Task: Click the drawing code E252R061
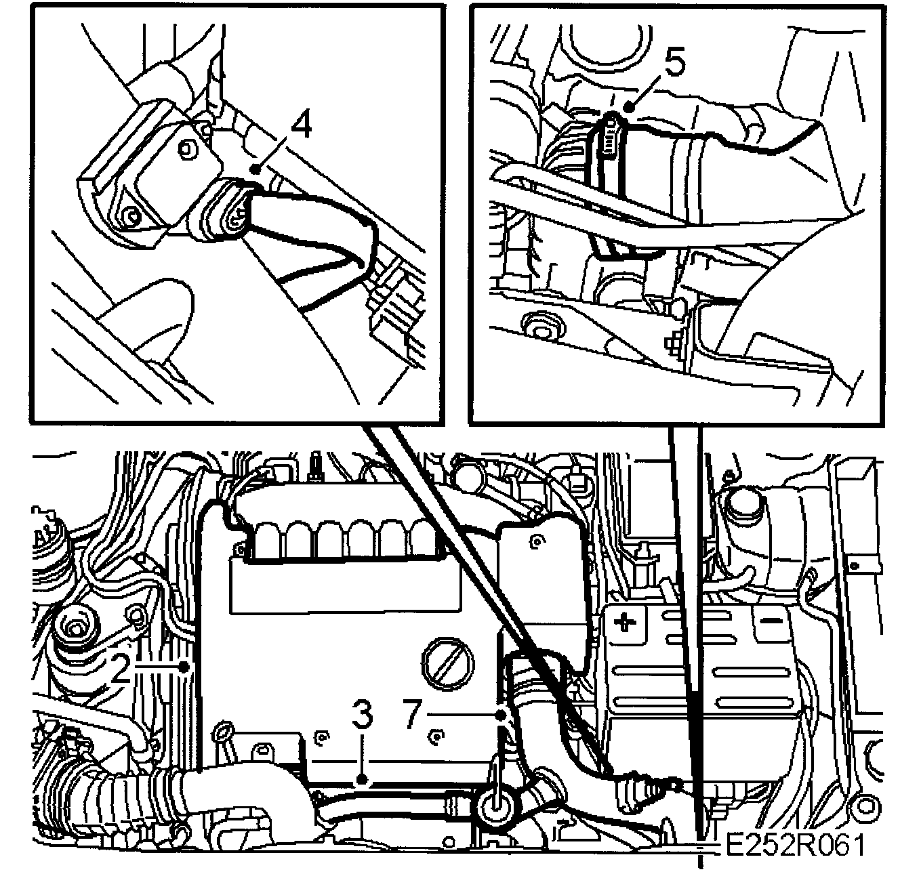(x=794, y=846)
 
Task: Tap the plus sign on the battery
(x=624, y=622)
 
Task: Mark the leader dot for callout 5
(x=628, y=108)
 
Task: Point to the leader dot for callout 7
(x=501, y=715)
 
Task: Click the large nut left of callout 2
(x=75, y=627)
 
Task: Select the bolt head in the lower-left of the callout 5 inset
(x=541, y=325)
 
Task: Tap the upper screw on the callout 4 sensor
(x=187, y=149)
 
